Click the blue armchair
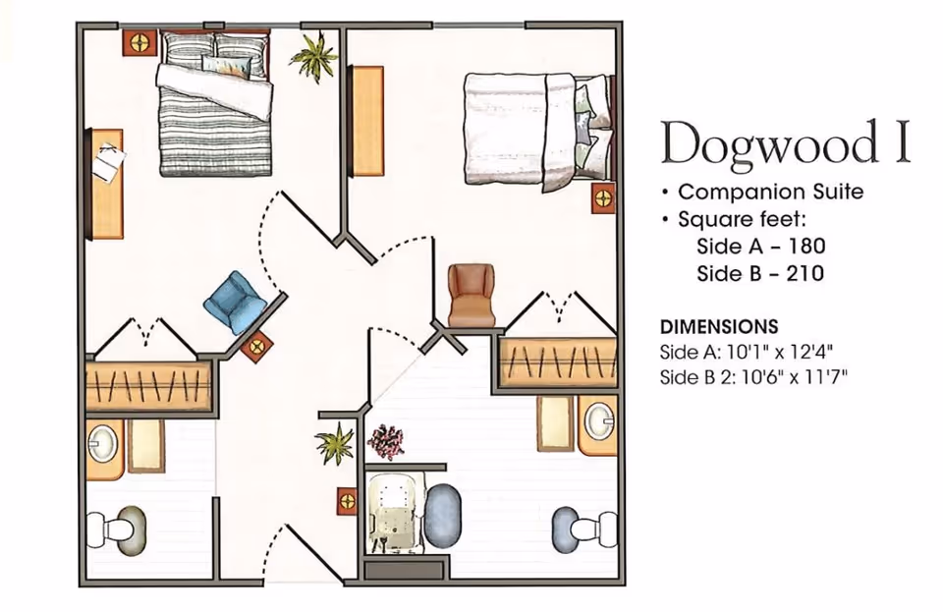tap(233, 302)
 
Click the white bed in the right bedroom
tap(526, 128)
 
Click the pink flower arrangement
tap(386, 441)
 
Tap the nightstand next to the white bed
tap(603, 198)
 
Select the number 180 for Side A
tap(804, 245)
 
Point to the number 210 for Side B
tap(803, 273)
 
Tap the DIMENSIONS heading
tap(719, 326)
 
